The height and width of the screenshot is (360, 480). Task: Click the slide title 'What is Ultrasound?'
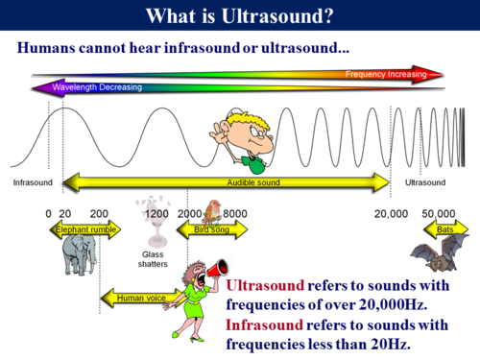pyautogui.click(x=239, y=16)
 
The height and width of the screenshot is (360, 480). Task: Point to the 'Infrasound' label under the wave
pyautogui.click(x=32, y=181)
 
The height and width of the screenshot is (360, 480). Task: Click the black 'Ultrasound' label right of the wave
pyautogui.click(x=425, y=181)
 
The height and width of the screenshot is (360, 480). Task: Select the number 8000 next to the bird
pyautogui.click(x=236, y=213)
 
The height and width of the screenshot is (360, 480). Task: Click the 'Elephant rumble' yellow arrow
pyautogui.click(x=86, y=230)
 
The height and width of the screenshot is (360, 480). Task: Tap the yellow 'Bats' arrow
pyautogui.click(x=444, y=230)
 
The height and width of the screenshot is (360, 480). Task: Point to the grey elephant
pyautogui.click(x=79, y=257)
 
